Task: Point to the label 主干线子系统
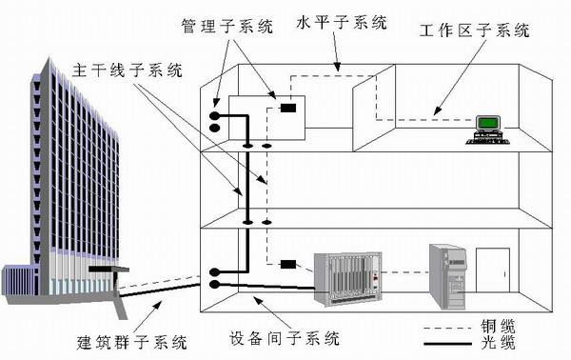point(125,70)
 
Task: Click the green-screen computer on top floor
point(489,125)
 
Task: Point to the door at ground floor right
point(493,272)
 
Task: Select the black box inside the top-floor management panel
point(286,109)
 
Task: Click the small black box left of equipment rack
point(289,264)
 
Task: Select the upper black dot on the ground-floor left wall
point(215,270)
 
